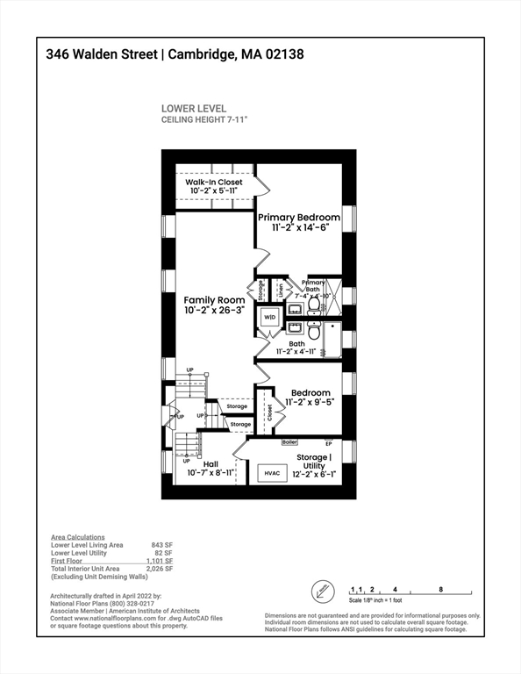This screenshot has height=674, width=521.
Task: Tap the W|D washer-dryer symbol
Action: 270,317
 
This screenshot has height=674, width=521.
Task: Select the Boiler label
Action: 290,442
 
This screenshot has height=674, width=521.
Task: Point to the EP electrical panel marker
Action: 329,442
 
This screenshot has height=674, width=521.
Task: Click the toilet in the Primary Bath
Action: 315,306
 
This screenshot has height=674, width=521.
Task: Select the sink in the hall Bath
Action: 295,328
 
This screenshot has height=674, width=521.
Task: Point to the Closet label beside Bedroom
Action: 269,413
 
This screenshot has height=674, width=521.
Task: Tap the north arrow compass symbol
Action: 324,590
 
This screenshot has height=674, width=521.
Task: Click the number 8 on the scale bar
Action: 440,589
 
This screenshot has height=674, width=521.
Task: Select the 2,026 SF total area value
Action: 160,570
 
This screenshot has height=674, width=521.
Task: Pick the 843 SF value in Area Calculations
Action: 161,545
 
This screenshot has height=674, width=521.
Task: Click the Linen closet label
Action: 280,288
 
